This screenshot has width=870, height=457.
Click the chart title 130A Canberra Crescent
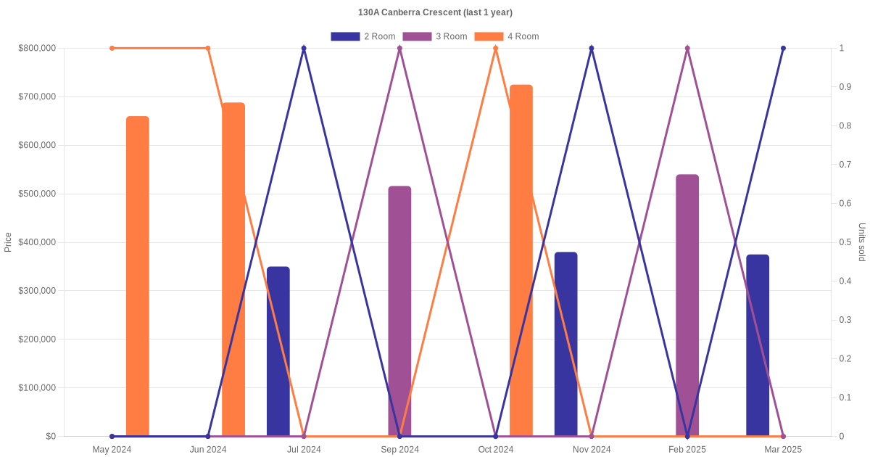pos(435,12)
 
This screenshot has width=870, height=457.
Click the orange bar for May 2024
pos(138,276)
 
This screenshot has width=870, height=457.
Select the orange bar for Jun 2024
pos(233,269)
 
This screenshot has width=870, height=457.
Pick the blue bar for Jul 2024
pos(278,351)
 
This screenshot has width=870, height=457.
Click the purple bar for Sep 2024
pos(399,311)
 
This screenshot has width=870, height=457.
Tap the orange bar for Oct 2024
pos(521,260)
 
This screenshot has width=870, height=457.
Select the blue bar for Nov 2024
pos(566,344)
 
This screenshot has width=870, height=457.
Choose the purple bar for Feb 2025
pos(687,305)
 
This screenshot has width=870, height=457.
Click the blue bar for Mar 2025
pos(758,345)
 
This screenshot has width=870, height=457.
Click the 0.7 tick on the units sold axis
pos(845,165)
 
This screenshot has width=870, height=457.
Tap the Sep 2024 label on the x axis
pos(399,450)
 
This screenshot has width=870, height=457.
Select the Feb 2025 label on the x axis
pos(687,450)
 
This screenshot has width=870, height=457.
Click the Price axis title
pos(8,242)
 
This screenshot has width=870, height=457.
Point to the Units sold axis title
pos(862,242)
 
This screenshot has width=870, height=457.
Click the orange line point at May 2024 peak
pos(112,49)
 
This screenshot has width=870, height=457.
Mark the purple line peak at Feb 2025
pos(687,49)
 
